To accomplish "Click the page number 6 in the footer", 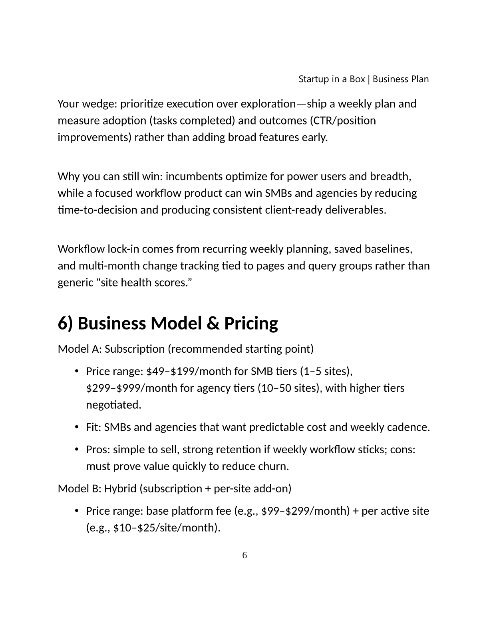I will click(245, 555).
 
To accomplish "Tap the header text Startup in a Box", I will click(332, 79).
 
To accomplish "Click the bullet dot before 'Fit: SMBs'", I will click(76, 427).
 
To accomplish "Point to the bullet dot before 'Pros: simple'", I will click(76, 450).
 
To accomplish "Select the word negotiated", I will click(113, 405).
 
